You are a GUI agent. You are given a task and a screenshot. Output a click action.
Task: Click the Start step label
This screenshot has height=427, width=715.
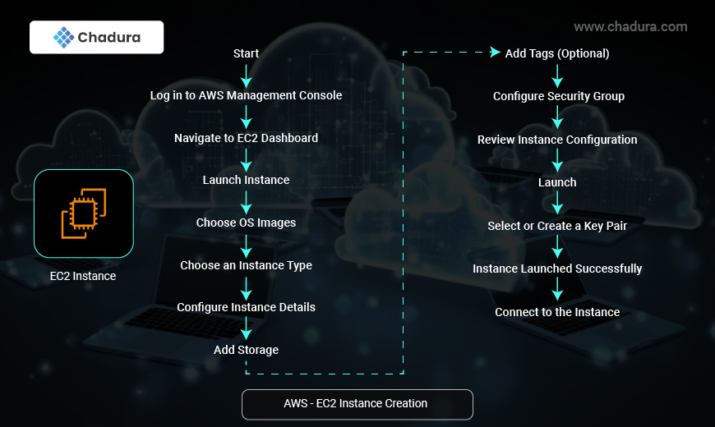pos(246,53)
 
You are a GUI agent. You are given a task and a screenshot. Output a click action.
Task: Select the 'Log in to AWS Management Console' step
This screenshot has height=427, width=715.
pos(246,95)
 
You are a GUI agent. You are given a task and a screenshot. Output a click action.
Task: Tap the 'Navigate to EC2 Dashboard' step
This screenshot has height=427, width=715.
pos(246,138)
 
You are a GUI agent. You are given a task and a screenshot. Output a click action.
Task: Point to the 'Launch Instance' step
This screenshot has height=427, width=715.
pos(246,180)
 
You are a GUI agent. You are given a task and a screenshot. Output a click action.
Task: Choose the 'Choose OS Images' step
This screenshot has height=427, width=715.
pos(246,223)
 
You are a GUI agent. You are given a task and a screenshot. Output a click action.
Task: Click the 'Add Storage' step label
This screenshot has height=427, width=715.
pos(246,350)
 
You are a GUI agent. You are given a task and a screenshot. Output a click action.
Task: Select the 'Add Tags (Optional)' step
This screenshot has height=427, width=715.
pos(556,53)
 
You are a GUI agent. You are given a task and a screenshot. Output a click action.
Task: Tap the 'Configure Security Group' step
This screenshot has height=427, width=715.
pos(559,96)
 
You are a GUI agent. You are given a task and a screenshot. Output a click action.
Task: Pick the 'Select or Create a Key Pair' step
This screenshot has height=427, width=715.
pos(557,226)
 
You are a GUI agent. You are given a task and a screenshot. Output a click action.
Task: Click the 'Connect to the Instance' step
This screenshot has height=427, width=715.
pos(557,312)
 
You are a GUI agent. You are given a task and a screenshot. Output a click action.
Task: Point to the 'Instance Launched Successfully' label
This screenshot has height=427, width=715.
pos(557,269)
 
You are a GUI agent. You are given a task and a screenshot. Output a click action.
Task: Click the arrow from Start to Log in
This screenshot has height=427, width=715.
pos(247,76)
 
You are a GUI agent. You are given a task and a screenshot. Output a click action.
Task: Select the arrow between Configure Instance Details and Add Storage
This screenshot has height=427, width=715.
pos(247,328)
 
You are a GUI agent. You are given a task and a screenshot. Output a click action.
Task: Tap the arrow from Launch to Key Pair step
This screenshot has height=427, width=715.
pos(557,203)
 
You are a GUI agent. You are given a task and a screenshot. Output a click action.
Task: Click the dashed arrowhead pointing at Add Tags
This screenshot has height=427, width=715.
pos(496,52)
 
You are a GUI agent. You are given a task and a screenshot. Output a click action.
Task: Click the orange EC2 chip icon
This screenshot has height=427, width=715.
pos(84,213)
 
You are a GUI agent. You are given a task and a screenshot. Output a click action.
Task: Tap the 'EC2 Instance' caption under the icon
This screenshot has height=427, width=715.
pos(83,276)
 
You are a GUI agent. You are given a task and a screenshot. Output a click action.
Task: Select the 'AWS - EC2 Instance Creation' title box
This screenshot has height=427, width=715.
pos(357,404)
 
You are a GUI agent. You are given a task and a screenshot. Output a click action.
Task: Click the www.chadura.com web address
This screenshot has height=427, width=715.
pos(630,27)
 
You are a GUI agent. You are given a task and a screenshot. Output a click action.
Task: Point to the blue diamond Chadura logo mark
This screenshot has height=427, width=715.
pos(64,38)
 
